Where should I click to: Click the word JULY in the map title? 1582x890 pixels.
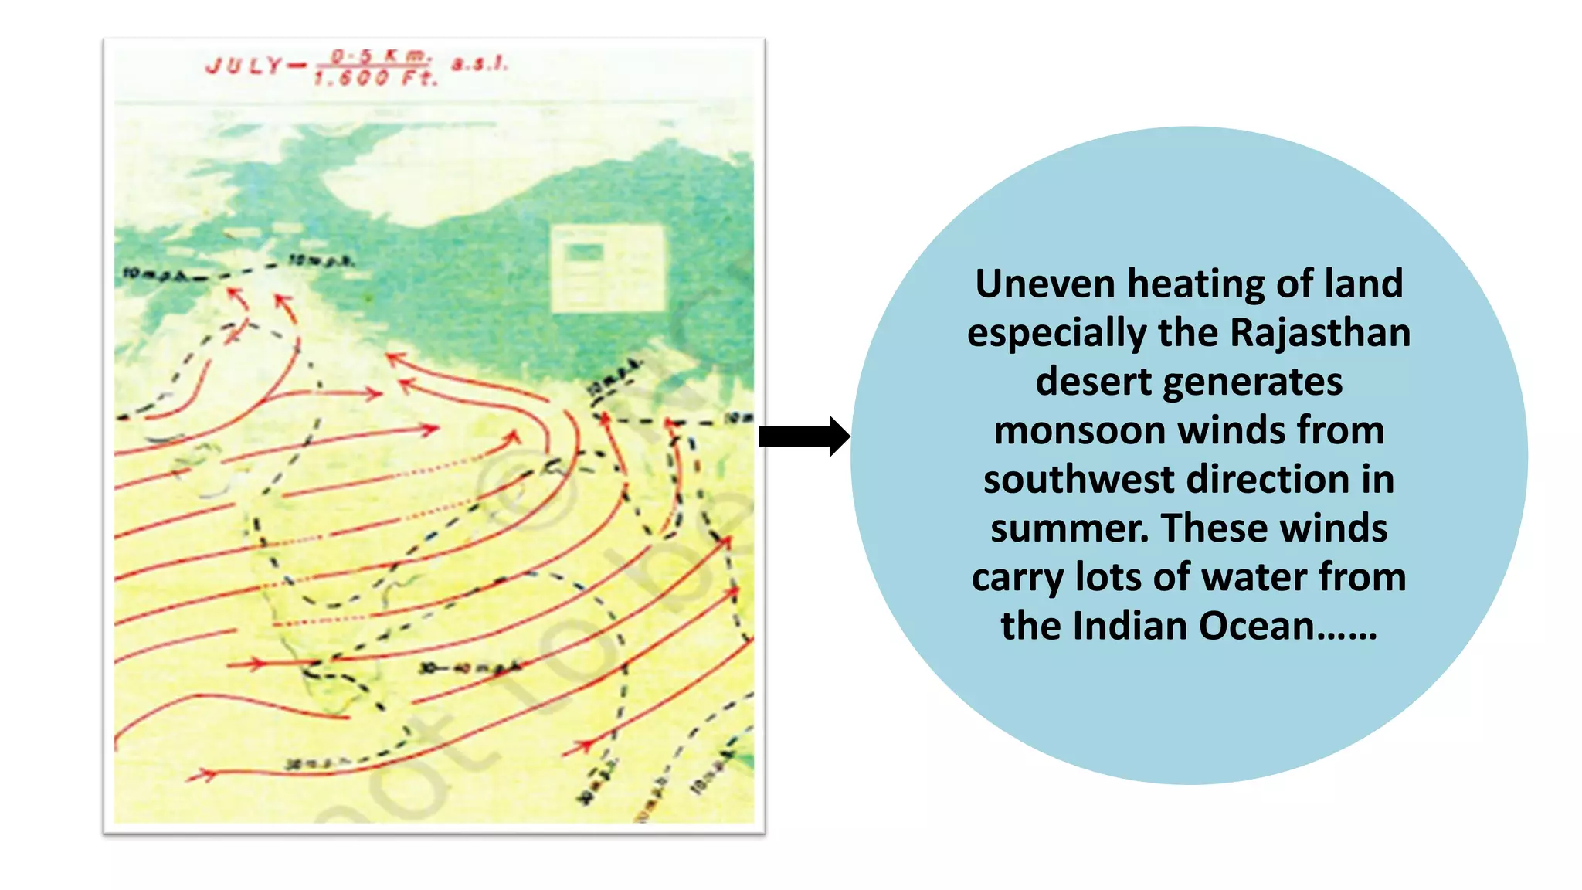(244, 66)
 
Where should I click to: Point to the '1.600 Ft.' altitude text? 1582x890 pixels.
(375, 78)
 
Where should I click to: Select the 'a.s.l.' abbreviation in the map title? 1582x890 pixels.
(480, 64)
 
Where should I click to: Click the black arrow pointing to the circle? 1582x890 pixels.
(803, 437)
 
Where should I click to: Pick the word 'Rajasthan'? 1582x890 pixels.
(1319, 333)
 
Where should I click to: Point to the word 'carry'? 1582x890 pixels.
(1017, 578)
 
